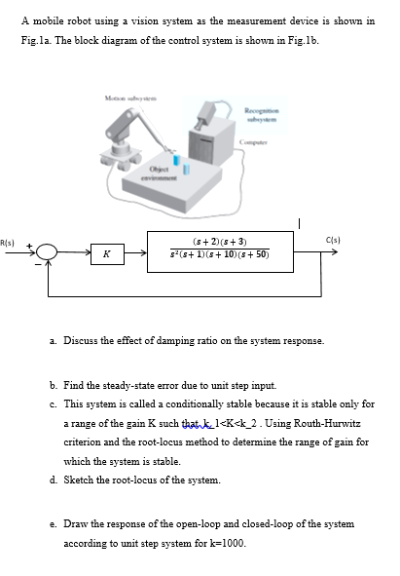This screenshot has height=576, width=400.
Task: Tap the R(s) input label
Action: click(x=8, y=240)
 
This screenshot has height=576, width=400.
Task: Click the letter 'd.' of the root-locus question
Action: click(x=54, y=480)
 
